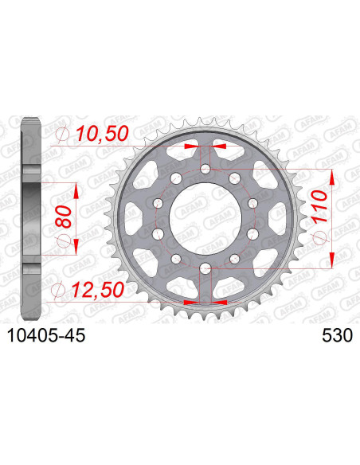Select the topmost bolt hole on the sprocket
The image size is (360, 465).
(x=205, y=169)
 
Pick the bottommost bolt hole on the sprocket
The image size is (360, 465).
(x=205, y=268)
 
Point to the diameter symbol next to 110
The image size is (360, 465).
(x=319, y=238)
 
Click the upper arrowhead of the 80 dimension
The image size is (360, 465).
(x=76, y=185)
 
